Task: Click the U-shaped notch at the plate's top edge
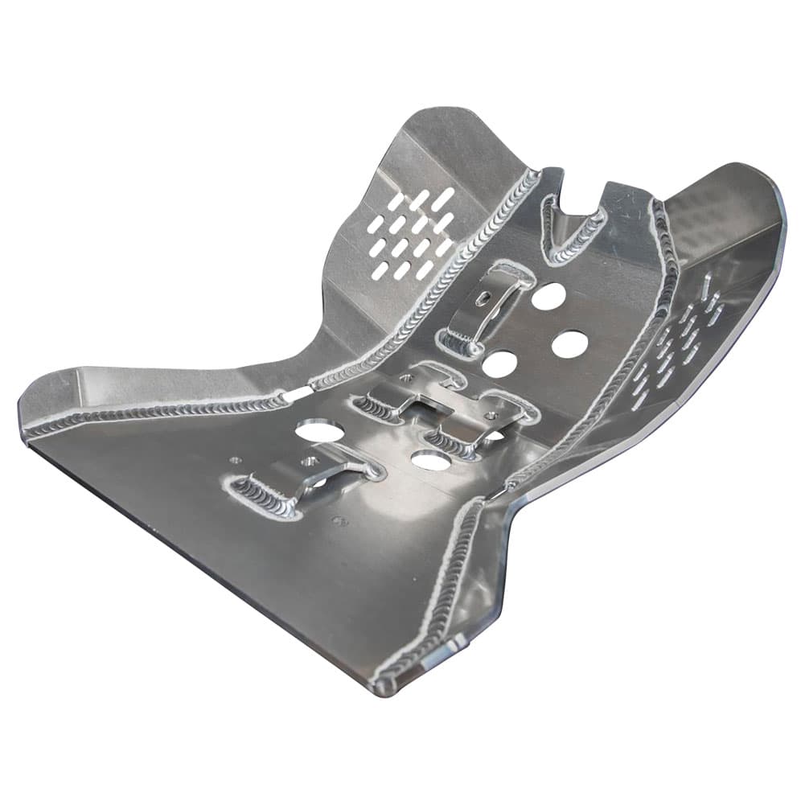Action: click(x=577, y=199)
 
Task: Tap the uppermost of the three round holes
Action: click(x=548, y=297)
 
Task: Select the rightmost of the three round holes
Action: click(x=569, y=344)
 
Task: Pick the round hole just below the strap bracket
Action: click(x=499, y=364)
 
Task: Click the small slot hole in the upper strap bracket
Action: click(x=483, y=298)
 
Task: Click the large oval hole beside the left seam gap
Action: click(x=319, y=430)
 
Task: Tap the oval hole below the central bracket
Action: click(x=429, y=461)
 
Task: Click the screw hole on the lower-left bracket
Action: click(x=308, y=462)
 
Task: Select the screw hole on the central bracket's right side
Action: click(x=491, y=415)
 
